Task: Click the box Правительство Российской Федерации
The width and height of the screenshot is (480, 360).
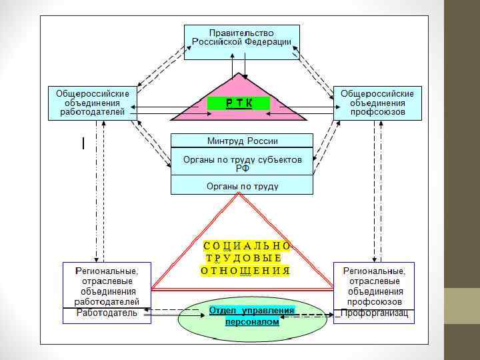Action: tap(241, 42)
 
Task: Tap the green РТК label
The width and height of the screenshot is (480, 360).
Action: tap(238, 103)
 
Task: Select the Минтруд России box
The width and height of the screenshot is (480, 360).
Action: tap(241, 141)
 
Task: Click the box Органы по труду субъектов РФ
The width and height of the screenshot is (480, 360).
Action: tap(241, 163)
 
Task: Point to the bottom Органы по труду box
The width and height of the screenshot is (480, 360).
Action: tap(241, 185)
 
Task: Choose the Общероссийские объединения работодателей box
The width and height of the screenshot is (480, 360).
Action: tap(92, 103)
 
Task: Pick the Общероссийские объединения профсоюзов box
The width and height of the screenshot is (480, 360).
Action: tap(377, 103)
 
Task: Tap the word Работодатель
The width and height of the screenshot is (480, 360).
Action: tap(107, 313)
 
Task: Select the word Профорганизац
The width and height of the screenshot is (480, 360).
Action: tap(374, 313)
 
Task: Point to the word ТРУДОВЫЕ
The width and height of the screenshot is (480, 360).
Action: tap(243, 257)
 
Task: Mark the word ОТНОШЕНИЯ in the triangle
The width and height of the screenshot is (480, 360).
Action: tap(245, 270)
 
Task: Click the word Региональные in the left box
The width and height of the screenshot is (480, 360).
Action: tap(107, 271)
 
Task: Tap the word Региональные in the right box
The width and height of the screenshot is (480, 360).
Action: tap(374, 271)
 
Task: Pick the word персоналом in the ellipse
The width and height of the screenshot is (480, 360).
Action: tap(252, 321)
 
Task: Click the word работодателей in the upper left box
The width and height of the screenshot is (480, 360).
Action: tap(92, 112)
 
